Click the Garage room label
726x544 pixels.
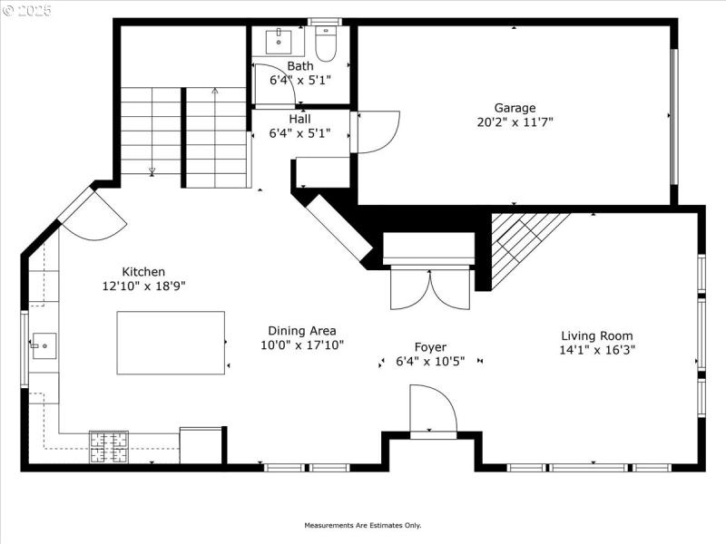coord(515,107)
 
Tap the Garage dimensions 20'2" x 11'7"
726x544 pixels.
coord(515,121)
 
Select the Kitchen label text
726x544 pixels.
coord(143,271)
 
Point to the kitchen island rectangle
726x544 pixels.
coord(171,343)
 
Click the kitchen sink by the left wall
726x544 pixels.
coord(43,345)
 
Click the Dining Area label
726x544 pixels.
coord(301,331)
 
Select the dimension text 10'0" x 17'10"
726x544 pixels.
coord(301,345)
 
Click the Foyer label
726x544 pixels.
coord(430,347)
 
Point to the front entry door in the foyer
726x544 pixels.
coord(433,411)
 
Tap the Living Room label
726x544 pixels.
coord(596,335)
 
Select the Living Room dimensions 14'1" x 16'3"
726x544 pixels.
coord(596,349)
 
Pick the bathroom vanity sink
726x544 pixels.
coord(277,41)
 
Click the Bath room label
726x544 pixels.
coord(299,66)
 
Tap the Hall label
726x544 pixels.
coord(299,119)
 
